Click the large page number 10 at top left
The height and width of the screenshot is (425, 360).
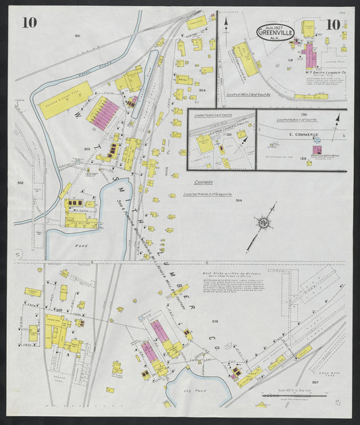(x=29, y=22)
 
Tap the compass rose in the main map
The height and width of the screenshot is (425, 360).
(x=261, y=222)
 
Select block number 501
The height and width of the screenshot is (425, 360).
(x=78, y=34)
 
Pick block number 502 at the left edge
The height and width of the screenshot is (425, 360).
(x=20, y=182)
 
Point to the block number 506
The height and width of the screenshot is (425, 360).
(x=215, y=320)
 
